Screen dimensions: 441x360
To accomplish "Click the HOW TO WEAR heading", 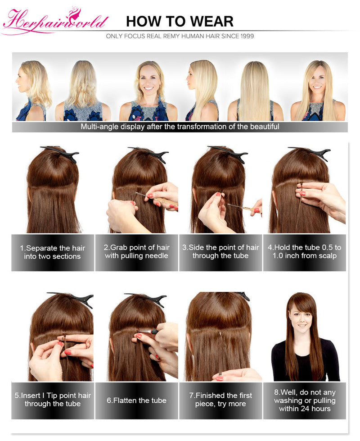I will (180, 21).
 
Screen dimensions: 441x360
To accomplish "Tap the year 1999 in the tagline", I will (245, 36).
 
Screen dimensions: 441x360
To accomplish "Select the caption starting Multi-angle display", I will (180, 127).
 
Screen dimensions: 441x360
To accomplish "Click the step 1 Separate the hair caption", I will (53, 252).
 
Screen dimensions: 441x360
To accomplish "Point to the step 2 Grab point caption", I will (137, 252).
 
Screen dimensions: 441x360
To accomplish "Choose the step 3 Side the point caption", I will (220, 252).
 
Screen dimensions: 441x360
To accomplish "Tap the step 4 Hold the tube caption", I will (304, 252).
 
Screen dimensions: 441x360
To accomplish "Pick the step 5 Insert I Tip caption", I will (53, 400).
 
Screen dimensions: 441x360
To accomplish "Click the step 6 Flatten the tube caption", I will (137, 400).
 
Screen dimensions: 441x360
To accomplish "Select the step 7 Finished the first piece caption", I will (220, 400).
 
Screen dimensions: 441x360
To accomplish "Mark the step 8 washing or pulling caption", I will (304, 400).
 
